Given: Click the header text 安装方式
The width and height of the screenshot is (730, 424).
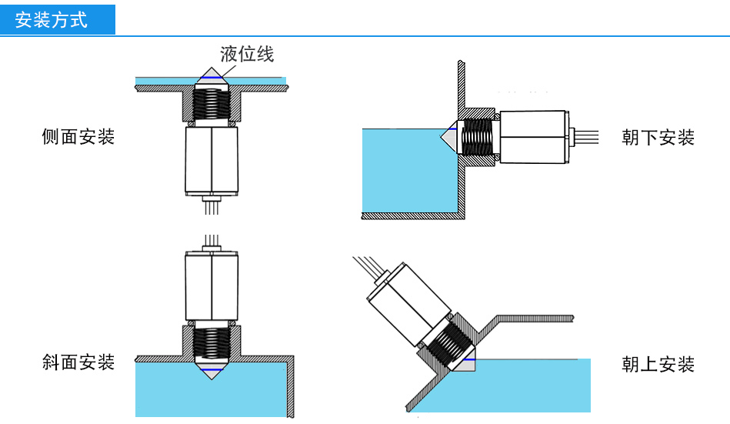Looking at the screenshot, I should point(52,19).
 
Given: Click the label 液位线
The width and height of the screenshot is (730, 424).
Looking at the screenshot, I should point(246,54).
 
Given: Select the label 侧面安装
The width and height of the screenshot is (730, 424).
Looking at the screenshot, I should point(78,137).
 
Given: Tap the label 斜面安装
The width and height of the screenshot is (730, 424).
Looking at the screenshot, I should point(78,362).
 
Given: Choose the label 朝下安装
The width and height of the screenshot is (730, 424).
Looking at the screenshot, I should point(658,138).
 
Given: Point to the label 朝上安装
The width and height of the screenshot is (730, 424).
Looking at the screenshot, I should point(658,364).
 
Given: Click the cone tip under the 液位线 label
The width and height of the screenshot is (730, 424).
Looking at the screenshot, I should point(212,75).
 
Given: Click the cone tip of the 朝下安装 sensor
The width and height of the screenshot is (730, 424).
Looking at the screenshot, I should point(448,138).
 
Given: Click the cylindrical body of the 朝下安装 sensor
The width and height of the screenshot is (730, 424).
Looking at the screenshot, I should point(534,138).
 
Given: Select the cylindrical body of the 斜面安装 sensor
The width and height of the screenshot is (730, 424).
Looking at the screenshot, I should point(212,285).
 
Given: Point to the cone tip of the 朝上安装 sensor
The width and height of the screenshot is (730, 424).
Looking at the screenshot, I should point(466,364).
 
